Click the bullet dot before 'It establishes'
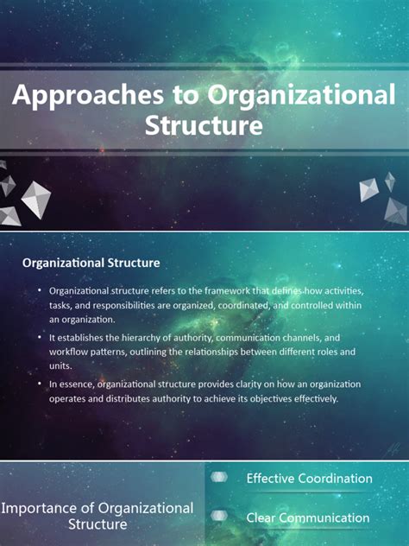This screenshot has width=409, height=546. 39,337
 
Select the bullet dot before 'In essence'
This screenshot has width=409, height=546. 39,383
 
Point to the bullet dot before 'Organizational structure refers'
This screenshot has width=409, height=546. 39,291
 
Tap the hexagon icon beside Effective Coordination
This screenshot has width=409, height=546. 220,477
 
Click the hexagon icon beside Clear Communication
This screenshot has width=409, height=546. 220,517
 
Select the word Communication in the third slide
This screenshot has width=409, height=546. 322,518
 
